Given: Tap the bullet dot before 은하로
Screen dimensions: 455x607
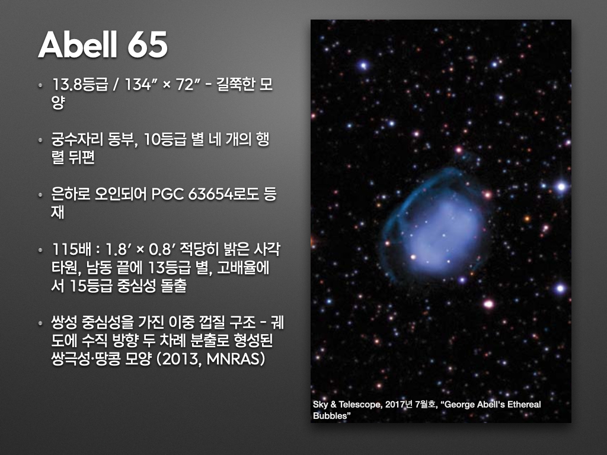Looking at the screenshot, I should (x=40, y=196).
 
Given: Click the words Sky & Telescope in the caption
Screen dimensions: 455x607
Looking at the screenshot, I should (x=338, y=405).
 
